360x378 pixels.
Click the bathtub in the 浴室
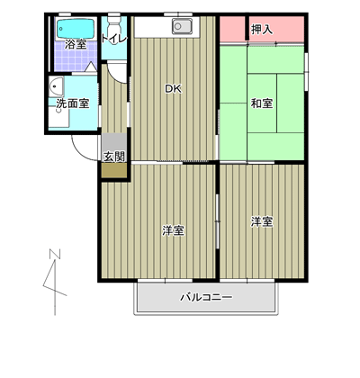point(76,29)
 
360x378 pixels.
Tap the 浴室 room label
point(76,45)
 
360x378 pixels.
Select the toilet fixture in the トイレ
point(113,30)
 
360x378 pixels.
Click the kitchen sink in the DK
point(182,26)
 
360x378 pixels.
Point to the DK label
point(174,88)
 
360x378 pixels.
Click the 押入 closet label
point(262,30)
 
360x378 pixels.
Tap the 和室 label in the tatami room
point(262,103)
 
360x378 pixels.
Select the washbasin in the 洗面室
point(57,86)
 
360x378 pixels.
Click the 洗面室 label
point(73,103)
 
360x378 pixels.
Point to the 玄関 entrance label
point(114,157)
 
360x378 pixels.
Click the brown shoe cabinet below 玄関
point(114,171)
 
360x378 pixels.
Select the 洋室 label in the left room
point(174,230)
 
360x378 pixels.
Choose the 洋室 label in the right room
point(262,222)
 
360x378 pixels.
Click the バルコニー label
point(206,297)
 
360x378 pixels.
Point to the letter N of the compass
point(55,254)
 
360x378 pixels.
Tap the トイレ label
point(113,39)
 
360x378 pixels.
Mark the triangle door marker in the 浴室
point(91,67)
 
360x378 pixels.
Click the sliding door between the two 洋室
point(218,221)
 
